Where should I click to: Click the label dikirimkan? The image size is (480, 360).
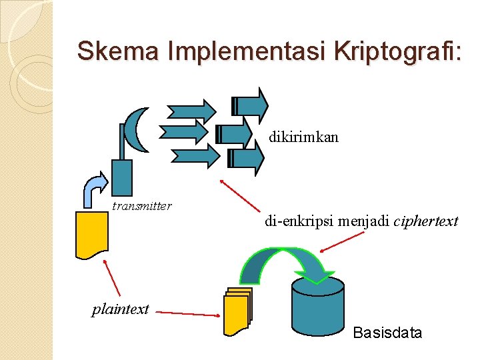tap(304, 137)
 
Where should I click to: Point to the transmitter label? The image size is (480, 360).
tap(142, 206)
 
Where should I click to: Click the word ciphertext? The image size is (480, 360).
tap(426, 221)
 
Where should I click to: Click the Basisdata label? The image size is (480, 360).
tap(387, 333)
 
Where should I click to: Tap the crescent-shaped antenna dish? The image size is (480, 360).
tap(136, 130)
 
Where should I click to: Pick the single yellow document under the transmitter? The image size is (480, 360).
tap(91, 234)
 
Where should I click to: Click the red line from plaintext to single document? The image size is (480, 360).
tap(112, 277)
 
